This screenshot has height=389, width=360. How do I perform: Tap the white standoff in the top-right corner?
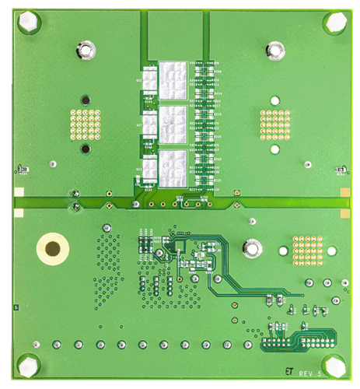334,24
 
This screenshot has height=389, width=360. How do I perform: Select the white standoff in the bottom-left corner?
28,364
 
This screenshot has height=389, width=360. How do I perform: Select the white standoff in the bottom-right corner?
334,365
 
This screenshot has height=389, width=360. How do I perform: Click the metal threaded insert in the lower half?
251,248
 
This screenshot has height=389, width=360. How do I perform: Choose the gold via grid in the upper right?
274,124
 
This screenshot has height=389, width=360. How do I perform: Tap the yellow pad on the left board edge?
18,191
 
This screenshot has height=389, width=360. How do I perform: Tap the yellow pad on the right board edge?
343,191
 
